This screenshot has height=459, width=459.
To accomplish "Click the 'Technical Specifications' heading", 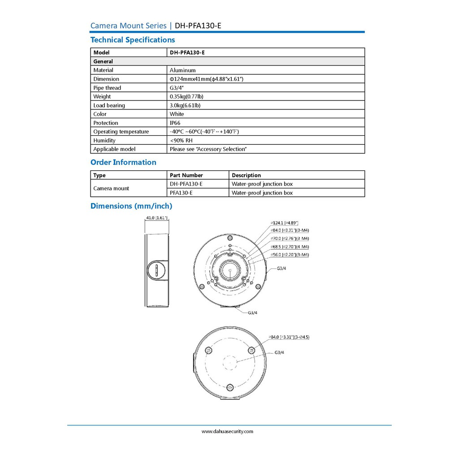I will pos(133,40).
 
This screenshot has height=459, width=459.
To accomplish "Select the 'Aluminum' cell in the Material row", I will pos(182,70).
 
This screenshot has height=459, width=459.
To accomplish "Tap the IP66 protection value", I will pos(175,123).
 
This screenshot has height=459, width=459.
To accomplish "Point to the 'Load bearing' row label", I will pos(109,105).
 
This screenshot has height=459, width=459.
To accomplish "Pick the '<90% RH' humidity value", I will pos(181,140).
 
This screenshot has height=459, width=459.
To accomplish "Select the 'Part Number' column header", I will pos(186,175).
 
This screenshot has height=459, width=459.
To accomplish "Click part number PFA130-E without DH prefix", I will pos(181,193).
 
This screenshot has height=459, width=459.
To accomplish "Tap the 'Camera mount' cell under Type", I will pos(111,188).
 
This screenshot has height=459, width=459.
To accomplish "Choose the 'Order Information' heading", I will pos(123,162).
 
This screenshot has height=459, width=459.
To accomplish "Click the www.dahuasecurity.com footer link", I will pos(227,432).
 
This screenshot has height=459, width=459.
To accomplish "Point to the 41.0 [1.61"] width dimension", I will pos(157,218).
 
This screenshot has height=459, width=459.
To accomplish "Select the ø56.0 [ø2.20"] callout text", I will pos(290,255).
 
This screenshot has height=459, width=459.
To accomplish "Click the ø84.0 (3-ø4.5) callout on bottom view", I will pos(289,337).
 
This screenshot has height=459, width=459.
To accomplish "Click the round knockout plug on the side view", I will pos(156,270).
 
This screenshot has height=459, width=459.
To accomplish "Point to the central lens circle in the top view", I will pos(229,270).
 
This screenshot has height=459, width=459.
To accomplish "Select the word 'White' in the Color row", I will pos(177,114).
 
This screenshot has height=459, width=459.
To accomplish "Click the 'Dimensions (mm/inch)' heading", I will pos(131,206).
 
